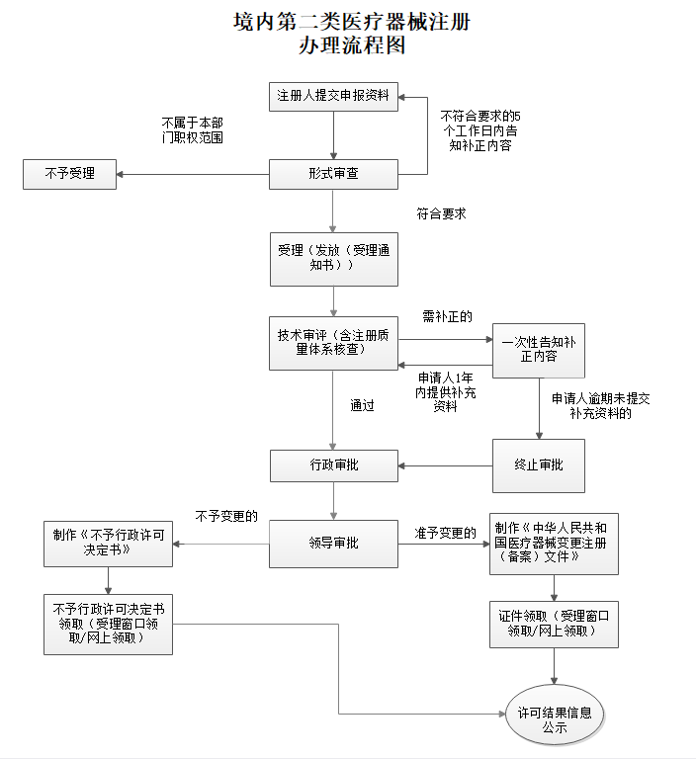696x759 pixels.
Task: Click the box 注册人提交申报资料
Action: (x=334, y=96)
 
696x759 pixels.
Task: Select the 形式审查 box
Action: (x=334, y=174)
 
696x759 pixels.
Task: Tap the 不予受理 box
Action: (x=69, y=174)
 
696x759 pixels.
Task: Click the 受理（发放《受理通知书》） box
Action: (x=334, y=259)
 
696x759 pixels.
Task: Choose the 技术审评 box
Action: (x=334, y=343)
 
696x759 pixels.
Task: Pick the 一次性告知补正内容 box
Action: (x=538, y=350)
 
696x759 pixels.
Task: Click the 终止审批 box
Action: (x=538, y=464)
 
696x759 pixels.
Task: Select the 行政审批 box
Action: (x=334, y=464)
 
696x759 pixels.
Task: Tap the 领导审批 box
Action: (x=334, y=544)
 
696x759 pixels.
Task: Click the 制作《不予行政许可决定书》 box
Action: (x=109, y=543)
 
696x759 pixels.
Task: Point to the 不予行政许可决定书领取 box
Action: (x=109, y=623)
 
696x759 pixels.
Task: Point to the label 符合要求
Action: (x=442, y=213)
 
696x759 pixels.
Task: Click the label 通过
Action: (x=362, y=405)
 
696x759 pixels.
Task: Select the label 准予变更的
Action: (x=445, y=533)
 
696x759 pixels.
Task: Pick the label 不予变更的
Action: (x=226, y=515)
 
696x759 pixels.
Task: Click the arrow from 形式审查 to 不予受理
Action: (x=193, y=175)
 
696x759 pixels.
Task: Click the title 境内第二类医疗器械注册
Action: (x=351, y=22)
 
